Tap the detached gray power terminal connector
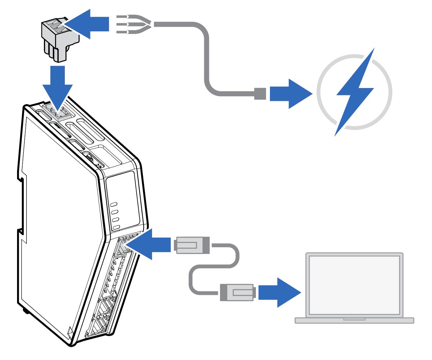pyautogui.click(x=60, y=40)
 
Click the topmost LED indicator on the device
pyautogui.click(x=115, y=205)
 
